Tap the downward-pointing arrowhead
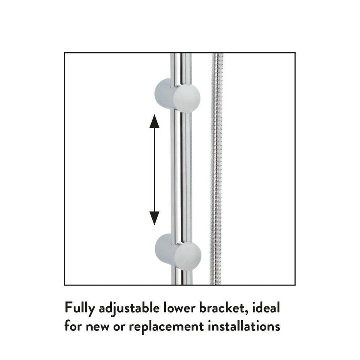[x=154, y=218]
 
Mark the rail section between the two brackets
[x=180, y=171]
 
